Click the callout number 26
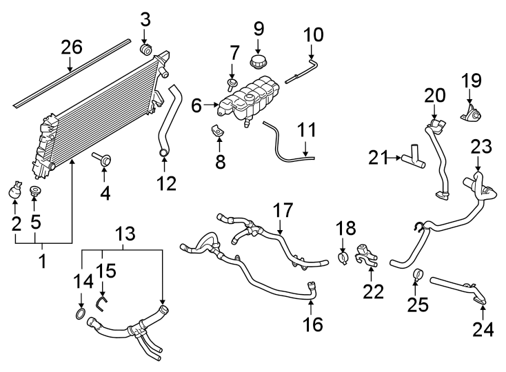(71, 48)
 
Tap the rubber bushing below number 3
(145, 51)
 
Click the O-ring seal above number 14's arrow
(81, 316)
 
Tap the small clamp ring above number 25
(417, 276)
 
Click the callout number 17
(283, 210)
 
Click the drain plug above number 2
(16, 191)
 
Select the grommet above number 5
(36, 191)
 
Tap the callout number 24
(483, 330)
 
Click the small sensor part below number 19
(471, 114)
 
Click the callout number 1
(43, 262)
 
